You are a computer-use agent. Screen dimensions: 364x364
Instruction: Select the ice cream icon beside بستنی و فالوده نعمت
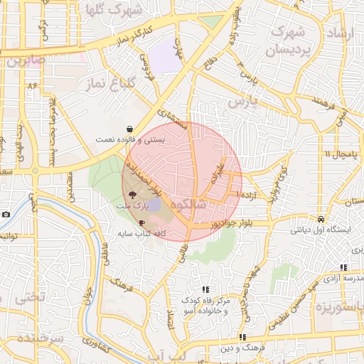(129, 129)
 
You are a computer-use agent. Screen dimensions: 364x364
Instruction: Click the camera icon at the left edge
(6, 214)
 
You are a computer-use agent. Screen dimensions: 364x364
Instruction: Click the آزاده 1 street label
(248, 194)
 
